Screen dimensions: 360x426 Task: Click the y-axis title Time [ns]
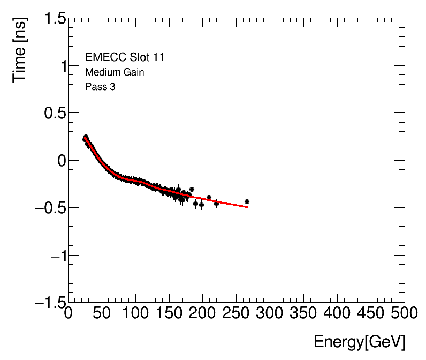pos(21,49)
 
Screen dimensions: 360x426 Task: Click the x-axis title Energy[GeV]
pos(359,341)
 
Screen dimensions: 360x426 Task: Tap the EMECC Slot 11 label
pos(125,57)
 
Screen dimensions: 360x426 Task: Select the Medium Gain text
pos(114,72)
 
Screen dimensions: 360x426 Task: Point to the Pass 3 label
pos(100,86)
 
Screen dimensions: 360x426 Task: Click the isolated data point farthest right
pos(247,201)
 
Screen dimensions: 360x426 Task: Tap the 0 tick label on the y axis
pos(58,161)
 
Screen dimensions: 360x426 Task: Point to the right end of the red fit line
pos(247,207)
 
